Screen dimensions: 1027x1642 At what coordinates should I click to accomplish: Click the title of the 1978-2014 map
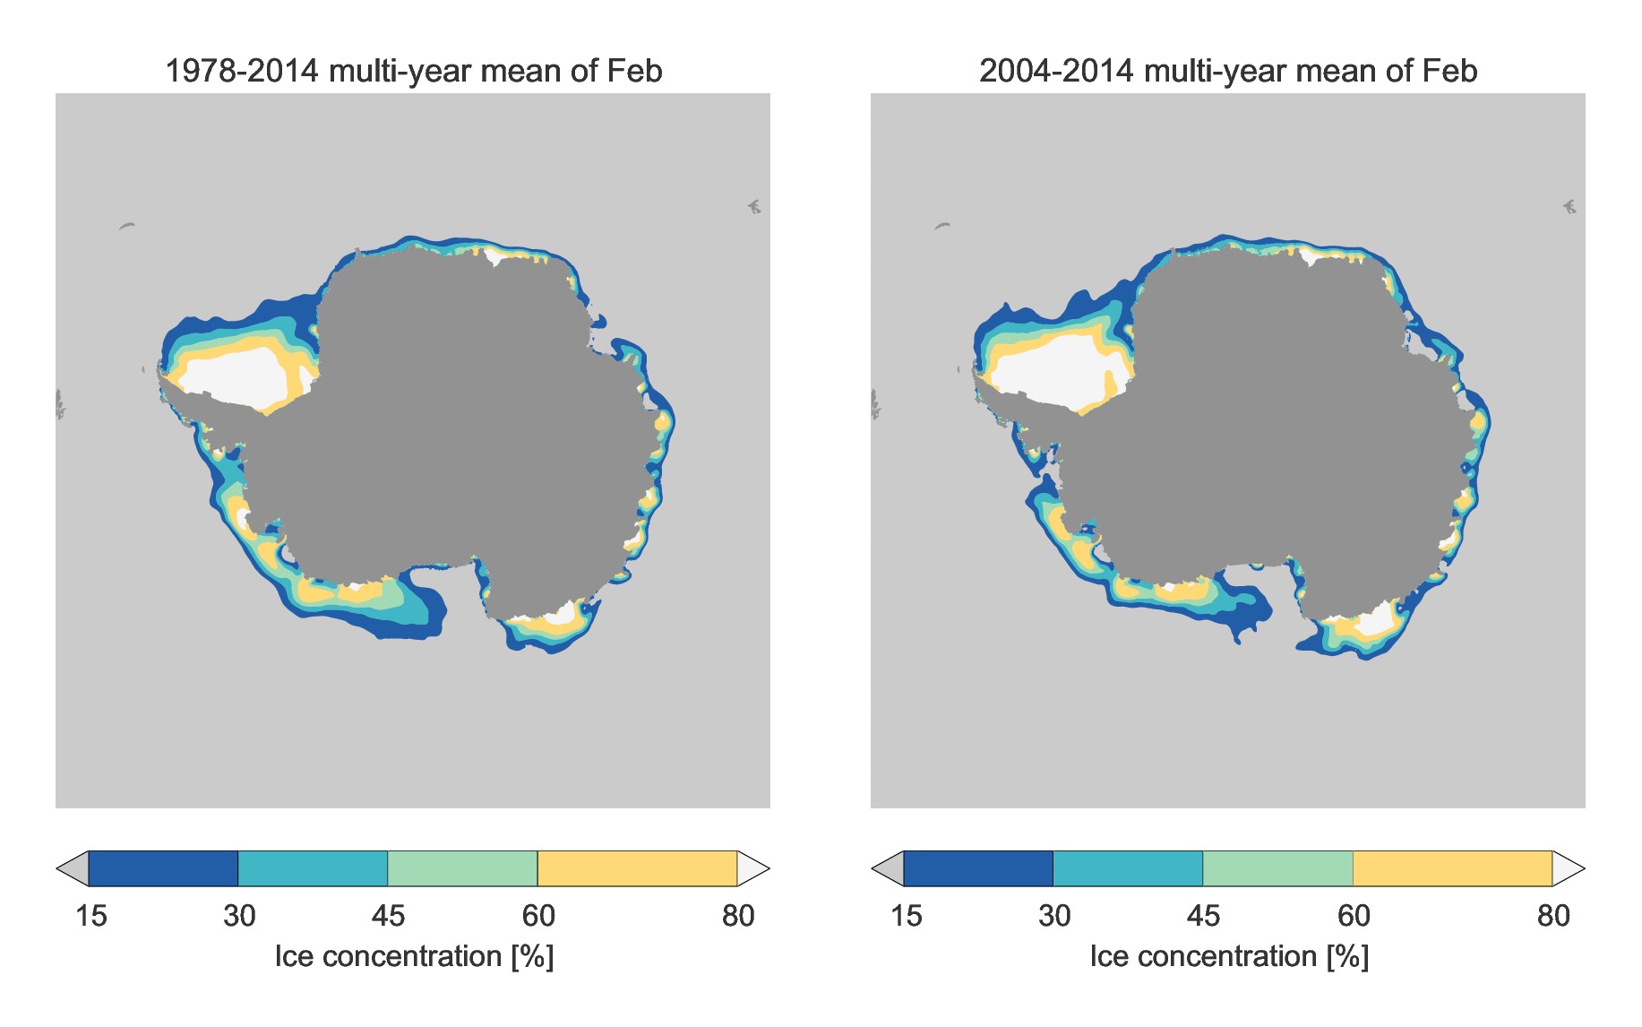(413, 71)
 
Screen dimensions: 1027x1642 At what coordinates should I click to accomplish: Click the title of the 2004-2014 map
(1227, 71)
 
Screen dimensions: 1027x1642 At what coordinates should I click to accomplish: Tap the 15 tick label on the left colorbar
(90, 916)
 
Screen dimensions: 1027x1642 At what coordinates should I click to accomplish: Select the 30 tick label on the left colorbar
(239, 916)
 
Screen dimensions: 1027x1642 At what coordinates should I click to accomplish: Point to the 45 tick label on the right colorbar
(1203, 916)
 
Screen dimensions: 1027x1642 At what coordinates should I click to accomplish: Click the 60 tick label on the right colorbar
(1354, 916)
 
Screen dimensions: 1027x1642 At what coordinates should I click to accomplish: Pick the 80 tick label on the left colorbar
(738, 916)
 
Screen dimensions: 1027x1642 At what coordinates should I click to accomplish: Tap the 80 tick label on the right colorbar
(1553, 916)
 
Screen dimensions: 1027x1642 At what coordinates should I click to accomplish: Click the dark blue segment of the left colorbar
(163, 868)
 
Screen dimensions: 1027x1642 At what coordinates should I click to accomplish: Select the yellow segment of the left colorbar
(637, 868)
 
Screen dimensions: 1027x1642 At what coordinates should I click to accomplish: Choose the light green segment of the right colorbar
(1277, 868)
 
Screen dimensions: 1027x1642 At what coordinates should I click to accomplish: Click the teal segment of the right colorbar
(1128, 868)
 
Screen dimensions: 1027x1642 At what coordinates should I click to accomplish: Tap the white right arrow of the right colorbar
(1567, 868)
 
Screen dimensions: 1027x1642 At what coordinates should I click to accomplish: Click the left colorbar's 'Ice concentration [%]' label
(414, 957)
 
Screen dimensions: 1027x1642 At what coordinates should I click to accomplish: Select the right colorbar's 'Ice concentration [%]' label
(1229, 957)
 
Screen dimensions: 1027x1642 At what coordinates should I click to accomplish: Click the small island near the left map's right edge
(754, 207)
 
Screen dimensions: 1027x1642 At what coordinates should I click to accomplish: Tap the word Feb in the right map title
(1449, 71)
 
